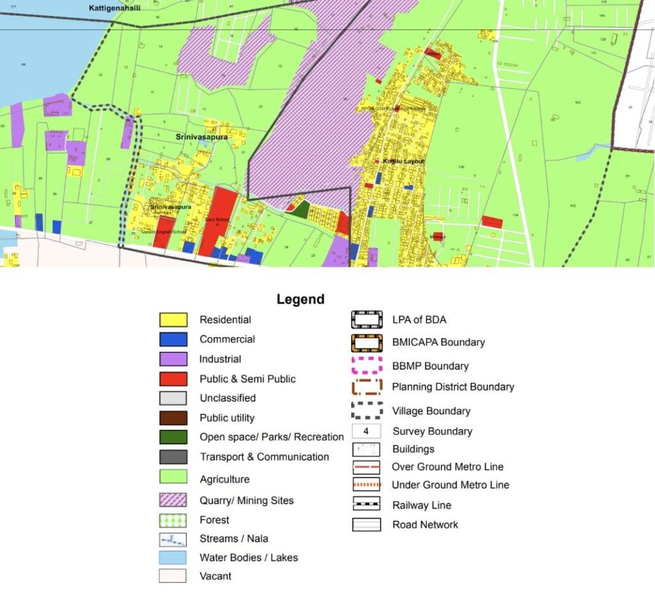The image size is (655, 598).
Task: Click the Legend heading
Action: click(x=300, y=299)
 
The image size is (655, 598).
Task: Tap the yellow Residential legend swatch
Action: click(x=173, y=320)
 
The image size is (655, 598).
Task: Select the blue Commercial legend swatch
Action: click(x=173, y=340)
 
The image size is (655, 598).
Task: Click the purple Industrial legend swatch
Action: click(x=173, y=359)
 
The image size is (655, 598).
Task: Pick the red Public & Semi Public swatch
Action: click(x=173, y=379)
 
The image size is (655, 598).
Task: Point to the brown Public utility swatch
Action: click(x=173, y=418)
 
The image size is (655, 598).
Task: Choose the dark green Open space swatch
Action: click(x=173, y=437)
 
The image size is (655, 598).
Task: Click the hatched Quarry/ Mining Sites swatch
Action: click(x=173, y=500)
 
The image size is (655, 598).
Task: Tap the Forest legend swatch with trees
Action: click(x=173, y=520)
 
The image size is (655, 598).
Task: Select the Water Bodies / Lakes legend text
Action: click(x=248, y=558)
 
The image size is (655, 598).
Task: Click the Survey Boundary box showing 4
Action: click(x=366, y=431)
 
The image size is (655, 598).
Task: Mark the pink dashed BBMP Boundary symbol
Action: click(x=367, y=366)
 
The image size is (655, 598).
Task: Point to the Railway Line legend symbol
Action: click(x=366, y=505)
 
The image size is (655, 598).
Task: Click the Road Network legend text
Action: click(x=425, y=524)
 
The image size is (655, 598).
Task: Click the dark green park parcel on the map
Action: click(x=301, y=210)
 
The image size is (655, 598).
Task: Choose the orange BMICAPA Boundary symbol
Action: click(x=367, y=342)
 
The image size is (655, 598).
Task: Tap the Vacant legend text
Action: click(x=215, y=576)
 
